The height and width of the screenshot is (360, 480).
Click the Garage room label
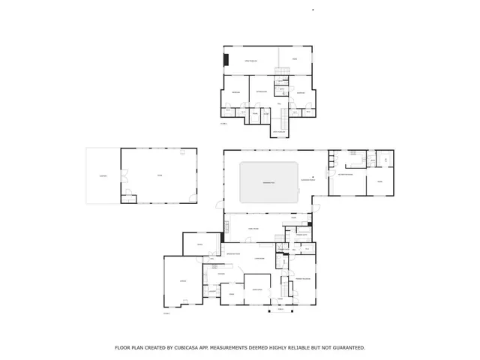[x=182, y=281]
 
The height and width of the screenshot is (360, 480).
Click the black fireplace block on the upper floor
[x=225, y=60]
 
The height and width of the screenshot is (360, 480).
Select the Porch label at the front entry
[x=280, y=308]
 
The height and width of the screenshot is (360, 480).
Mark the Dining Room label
[x=256, y=289]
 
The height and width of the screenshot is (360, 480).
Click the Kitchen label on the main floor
[x=221, y=274]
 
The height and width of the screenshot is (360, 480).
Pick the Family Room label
[x=254, y=228]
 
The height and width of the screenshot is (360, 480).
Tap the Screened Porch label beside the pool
[x=308, y=181]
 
